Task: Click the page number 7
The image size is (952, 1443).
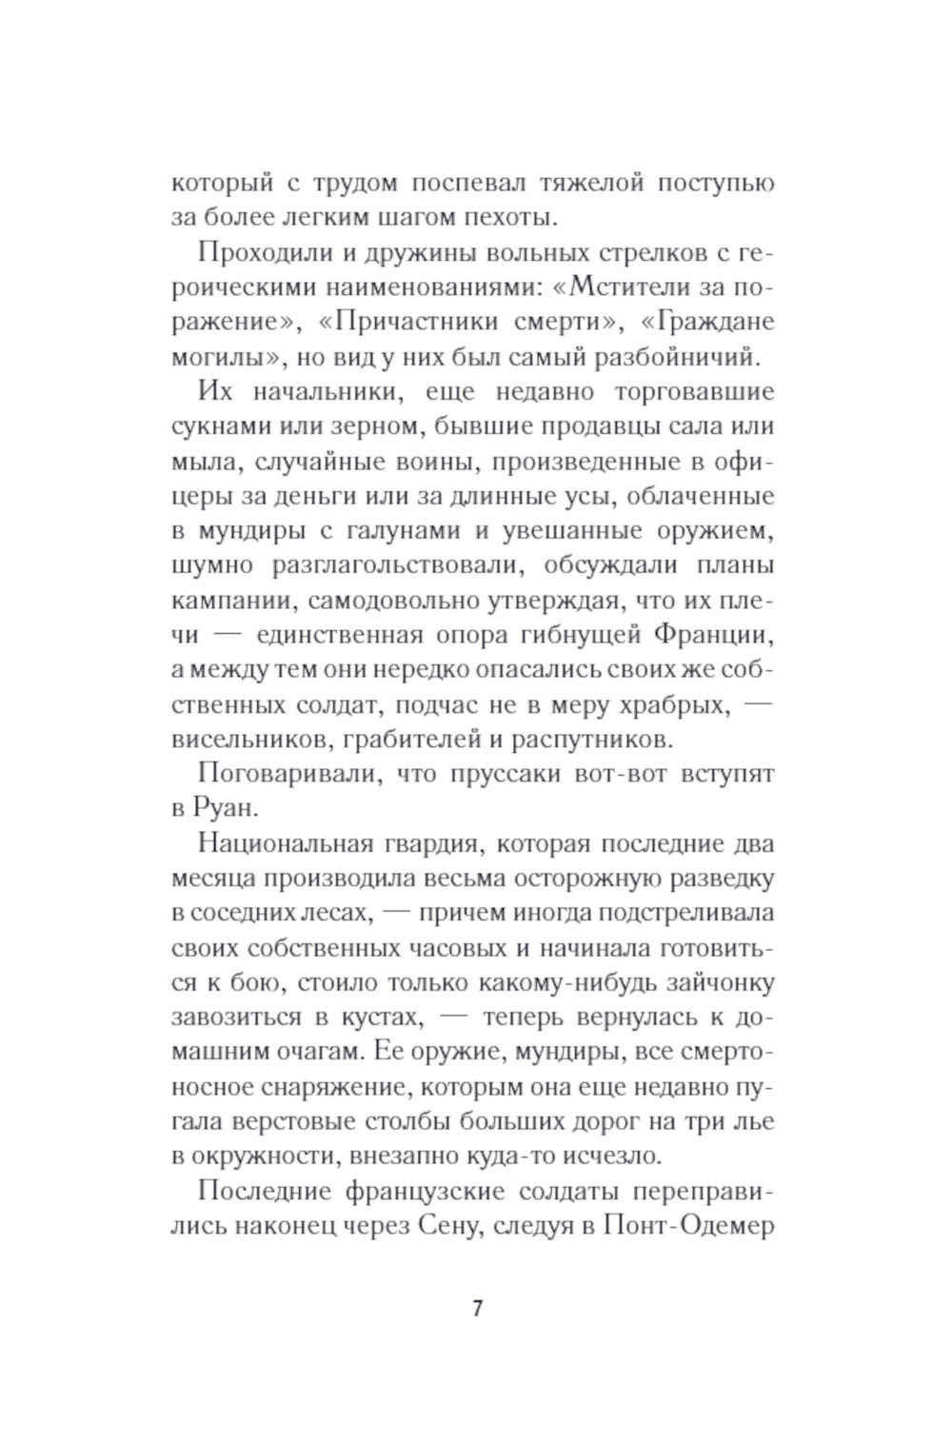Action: [477, 1308]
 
